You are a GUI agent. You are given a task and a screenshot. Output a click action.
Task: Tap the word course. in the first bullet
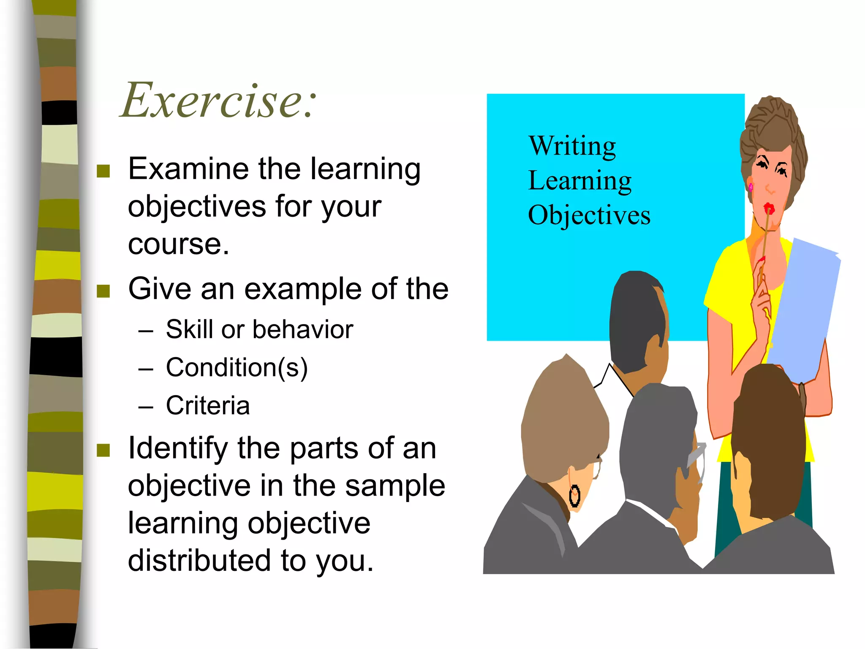(178, 244)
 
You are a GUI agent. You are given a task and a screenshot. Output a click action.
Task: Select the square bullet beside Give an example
(103, 291)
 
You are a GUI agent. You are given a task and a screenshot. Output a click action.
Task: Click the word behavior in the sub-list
(302, 330)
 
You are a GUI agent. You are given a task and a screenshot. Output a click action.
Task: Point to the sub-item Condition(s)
(237, 368)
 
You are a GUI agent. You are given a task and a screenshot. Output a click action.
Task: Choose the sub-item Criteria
(208, 406)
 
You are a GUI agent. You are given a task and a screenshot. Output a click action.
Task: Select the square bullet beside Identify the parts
(103, 450)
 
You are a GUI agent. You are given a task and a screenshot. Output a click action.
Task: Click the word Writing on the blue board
(572, 146)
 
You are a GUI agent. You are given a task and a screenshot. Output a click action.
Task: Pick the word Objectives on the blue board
(589, 215)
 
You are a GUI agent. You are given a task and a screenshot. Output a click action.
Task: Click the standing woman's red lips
(769, 208)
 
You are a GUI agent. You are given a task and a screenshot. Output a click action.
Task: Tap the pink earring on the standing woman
(751, 186)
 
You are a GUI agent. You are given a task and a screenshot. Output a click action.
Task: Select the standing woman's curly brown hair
(773, 127)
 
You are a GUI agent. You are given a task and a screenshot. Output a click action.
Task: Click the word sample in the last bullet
(395, 486)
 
